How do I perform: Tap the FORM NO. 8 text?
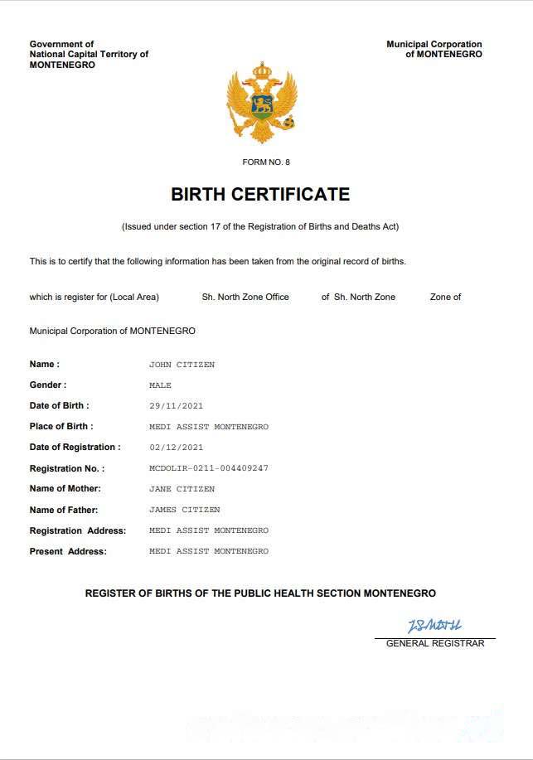pyautogui.click(x=266, y=162)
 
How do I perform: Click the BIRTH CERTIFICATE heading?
pyautogui.click(x=260, y=195)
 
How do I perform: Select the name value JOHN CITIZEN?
pyautogui.click(x=182, y=365)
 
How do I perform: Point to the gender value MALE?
pyautogui.click(x=160, y=385)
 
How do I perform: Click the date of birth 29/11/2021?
pyautogui.click(x=176, y=406)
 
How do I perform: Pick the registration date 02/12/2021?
pyautogui.click(x=176, y=448)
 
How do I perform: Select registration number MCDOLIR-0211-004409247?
pyautogui.click(x=208, y=468)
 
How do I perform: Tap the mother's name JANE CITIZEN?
pyautogui.click(x=182, y=489)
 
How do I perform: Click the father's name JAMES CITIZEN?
pyautogui.click(x=184, y=510)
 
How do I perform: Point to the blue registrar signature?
pyautogui.click(x=434, y=625)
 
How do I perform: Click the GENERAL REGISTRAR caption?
pyautogui.click(x=435, y=643)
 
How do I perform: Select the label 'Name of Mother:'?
pyautogui.click(x=64, y=489)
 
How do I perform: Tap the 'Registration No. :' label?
pyautogui.click(x=67, y=468)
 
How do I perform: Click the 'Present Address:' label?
pyautogui.click(x=68, y=551)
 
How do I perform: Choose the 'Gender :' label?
pyautogui.click(x=48, y=385)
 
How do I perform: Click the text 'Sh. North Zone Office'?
pyautogui.click(x=245, y=297)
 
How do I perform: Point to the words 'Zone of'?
pyautogui.click(x=446, y=297)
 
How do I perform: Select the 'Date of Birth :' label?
pyautogui.click(x=60, y=406)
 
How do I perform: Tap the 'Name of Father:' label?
pyautogui.click(x=64, y=510)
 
